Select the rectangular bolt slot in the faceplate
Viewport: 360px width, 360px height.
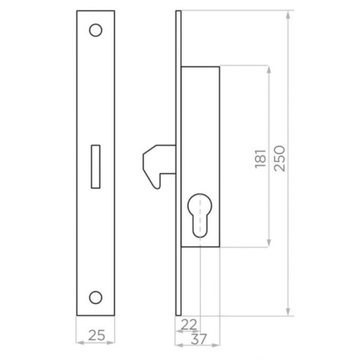coord(95,166)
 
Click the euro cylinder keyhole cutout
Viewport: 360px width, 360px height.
coord(200,215)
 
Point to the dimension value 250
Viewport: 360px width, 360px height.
coord(279,158)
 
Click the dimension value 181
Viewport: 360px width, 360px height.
coord(261,158)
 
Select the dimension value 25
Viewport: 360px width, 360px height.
coord(97,335)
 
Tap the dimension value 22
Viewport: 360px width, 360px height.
coord(189,325)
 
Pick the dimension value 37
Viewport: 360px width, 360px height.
coord(198,339)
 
